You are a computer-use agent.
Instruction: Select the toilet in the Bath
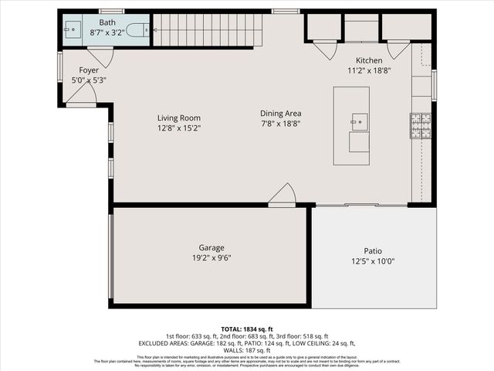click(137, 31)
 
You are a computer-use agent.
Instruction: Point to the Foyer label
click(89, 70)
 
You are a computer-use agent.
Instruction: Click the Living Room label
click(179, 118)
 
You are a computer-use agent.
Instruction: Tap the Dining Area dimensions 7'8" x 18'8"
click(280, 123)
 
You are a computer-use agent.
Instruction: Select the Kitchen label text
click(369, 60)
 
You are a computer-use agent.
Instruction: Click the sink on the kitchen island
click(358, 121)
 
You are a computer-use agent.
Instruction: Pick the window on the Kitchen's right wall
click(434, 85)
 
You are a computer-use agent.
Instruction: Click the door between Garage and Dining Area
click(283, 196)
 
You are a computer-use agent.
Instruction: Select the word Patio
click(374, 251)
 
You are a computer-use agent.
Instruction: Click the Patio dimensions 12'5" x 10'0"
click(374, 261)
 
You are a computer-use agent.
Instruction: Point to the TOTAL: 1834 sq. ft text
click(246, 329)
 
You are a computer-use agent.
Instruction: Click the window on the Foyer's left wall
click(59, 66)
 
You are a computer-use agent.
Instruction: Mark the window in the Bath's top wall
click(112, 11)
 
